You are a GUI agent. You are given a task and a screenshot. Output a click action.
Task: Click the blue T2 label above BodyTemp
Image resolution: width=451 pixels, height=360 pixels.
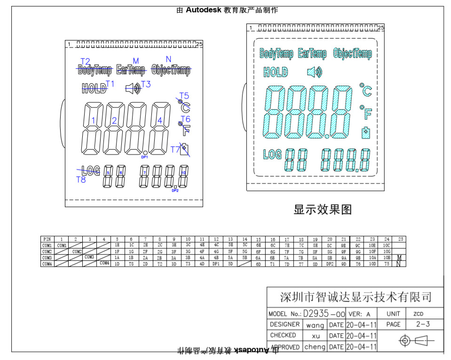point(85,62)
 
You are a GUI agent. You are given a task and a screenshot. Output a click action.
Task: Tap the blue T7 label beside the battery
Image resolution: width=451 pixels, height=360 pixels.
point(175,150)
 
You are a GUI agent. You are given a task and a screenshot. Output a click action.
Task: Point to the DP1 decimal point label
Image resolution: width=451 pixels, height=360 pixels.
point(145,157)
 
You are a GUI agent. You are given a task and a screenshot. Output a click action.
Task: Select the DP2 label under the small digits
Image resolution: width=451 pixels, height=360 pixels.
point(175,191)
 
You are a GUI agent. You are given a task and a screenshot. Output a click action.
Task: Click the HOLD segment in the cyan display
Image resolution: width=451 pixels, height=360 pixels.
point(276,72)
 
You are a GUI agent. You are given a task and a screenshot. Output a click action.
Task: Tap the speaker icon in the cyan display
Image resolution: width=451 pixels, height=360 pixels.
point(315,72)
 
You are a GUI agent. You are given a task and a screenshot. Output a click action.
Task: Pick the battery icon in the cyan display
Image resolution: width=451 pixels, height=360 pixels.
point(365,133)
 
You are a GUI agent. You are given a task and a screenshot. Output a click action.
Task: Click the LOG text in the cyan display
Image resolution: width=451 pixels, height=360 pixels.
point(272,154)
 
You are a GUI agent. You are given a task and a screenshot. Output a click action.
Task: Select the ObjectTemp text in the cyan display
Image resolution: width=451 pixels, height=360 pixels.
point(352,54)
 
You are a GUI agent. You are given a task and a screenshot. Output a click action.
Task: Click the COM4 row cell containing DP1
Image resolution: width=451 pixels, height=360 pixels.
point(216,264)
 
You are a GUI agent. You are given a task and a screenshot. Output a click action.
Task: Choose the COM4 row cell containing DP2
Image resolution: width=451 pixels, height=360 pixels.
point(330,264)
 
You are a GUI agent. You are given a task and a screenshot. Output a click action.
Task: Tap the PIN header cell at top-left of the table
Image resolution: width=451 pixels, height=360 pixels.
point(47,240)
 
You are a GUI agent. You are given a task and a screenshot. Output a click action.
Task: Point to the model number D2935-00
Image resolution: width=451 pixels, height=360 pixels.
point(324,313)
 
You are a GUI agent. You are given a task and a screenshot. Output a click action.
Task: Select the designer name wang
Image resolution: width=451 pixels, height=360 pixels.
point(315,325)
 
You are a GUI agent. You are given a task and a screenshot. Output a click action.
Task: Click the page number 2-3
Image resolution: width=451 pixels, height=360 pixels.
point(423,324)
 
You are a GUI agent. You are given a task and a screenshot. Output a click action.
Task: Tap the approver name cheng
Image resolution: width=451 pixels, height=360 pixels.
point(315,347)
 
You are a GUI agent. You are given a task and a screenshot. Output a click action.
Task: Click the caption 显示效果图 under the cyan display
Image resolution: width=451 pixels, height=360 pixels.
point(323,209)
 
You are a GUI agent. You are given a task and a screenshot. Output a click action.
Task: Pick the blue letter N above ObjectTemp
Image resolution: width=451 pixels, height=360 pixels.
point(168,59)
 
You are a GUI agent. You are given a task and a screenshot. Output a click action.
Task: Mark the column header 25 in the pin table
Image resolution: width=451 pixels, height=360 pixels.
point(401,240)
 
